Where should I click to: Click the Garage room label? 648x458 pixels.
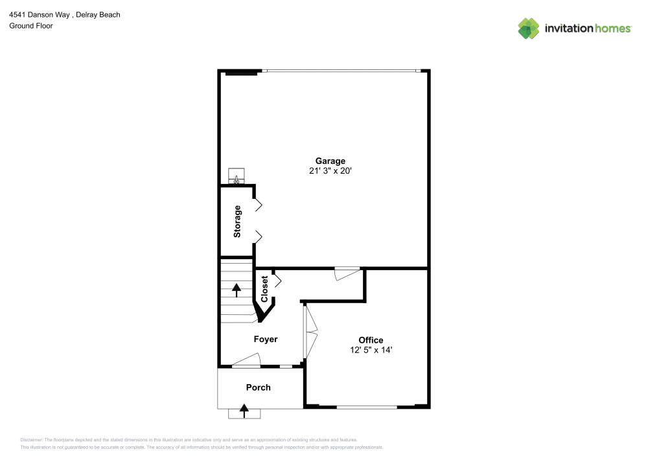pyautogui.click(x=330, y=161)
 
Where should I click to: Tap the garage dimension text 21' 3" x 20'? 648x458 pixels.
pyautogui.click(x=330, y=171)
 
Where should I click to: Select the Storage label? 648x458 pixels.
pyautogui.click(x=237, y=221)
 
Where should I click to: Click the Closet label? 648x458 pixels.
pyautogui.click(x=264, y=289)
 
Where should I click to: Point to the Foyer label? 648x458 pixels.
pyautogui.click(x=265, y=339)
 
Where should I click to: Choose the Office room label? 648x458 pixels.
pyautogui.click(x=371, y=339)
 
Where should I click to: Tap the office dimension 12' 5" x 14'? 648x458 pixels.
pyautogui.click(x=371, y=350)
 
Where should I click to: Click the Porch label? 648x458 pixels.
pyautogui.click(x=258, y=387)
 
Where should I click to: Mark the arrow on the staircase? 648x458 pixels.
pyautogui.click(x=237, y=290)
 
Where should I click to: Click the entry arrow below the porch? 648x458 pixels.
pyautogui.click(x=244, y=410)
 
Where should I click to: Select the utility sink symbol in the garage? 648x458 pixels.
pyautogui.click(x=237, y=177)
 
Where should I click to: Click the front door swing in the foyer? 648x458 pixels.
pyautogui.click(x=247, y=360)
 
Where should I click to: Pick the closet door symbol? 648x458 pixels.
pyautogui.click(x=277, y=281)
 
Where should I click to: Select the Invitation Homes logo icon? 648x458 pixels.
pyautogui.click(x=528, y=29)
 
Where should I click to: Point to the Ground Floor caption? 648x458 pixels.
pyautogui.click(x=30, y=26)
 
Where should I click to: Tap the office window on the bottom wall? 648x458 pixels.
pyautogui.click(x=366, y=407)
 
